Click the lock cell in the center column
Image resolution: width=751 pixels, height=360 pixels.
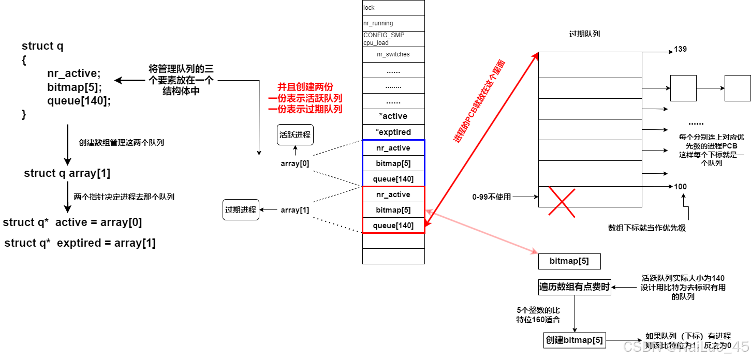coord(393,8)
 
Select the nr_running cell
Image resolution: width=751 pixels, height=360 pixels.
coord(393,23)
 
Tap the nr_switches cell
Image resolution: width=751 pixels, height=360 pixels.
coord(393,54)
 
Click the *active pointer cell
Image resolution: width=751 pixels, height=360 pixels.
coord(393,116)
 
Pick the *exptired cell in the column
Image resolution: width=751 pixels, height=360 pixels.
coord(393,132)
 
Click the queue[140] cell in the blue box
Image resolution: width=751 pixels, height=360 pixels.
coord(393,179)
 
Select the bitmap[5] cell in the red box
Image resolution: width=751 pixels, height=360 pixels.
coord(393,210)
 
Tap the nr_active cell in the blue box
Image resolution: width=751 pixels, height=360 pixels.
coord(393,148)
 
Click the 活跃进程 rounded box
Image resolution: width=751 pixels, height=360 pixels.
coord(295,135)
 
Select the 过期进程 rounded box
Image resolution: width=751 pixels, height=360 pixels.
coord(241,210)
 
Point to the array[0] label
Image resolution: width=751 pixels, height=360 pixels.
coord(294,163)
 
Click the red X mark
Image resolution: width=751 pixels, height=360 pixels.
coord(562,202)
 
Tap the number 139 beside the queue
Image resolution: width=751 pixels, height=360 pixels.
coord(681,49)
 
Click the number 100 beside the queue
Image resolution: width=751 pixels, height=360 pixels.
coord(681,186)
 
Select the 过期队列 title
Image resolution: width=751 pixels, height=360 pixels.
coord(584,34)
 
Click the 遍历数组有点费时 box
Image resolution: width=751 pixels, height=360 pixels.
coord(575,287)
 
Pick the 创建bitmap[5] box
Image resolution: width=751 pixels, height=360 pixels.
coord(575,340)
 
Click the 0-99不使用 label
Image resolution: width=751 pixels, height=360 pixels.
coord(491,197)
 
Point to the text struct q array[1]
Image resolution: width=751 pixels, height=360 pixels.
coord(67,173)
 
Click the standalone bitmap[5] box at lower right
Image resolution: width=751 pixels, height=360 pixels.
coord(570,261)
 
